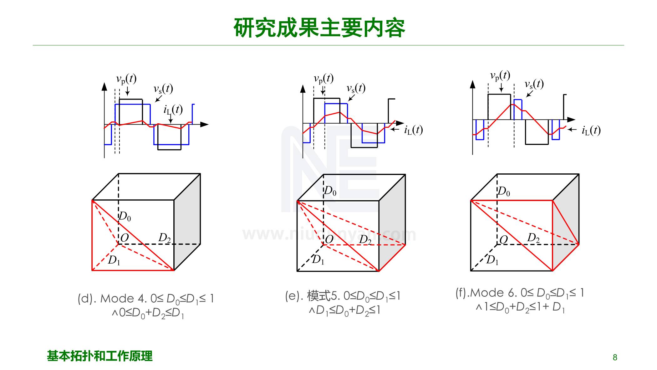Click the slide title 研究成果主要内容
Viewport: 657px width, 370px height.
tap(319, 28)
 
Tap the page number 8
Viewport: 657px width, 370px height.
tap(615, 357)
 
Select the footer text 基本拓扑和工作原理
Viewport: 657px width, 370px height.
tap(99, 356)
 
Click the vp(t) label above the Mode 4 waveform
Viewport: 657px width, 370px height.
tap(126, 79)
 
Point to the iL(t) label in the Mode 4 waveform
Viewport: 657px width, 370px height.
tap(173, 110)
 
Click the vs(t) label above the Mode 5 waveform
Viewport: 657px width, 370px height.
tap(356, 89)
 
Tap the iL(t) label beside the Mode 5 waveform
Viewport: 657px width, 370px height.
tap(413, 130)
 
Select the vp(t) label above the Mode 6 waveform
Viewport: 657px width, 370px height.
tap(500, 76)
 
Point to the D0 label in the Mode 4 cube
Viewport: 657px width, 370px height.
tap(125, 216)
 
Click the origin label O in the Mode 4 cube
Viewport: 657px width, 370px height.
tap(125, 238)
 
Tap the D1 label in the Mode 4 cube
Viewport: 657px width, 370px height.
tap(114, 260)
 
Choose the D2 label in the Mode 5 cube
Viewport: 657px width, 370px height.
tap(365, 240)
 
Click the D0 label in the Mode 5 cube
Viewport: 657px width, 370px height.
tap(330, 191)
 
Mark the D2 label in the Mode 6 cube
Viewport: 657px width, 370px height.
tap(533, 238)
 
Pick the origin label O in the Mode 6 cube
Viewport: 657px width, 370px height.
tap(503, 240)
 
